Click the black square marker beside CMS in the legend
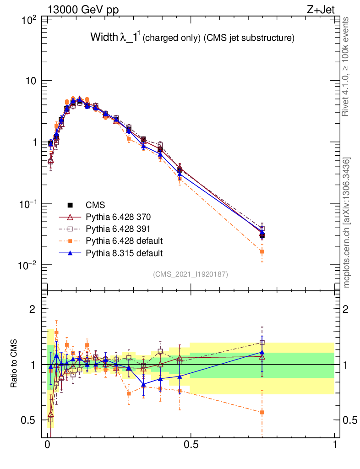[x=71, y=204]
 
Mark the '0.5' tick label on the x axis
[x=191, y=445]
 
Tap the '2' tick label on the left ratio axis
[x=33, y=309]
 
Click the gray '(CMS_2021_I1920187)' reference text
[x=191, y=274]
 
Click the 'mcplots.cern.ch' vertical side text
[x=347, y=223]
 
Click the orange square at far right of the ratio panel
[x=262, y=412]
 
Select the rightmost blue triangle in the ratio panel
[x=262, y=352]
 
